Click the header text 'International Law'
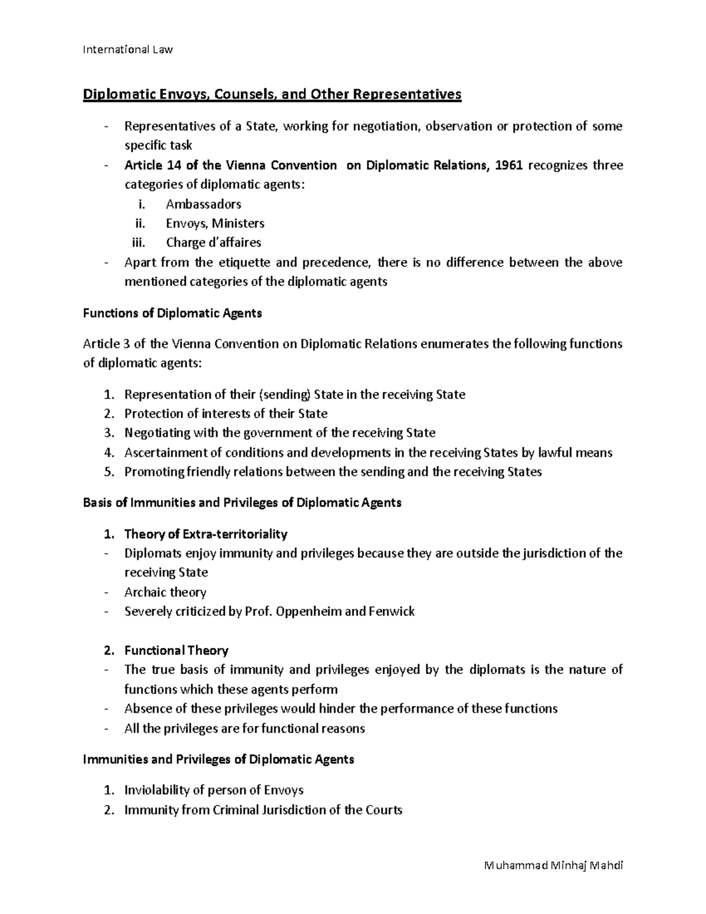click(128, 49)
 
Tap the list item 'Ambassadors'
click(204, 204)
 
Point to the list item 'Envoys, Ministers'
click(215, 224)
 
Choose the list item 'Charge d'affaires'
click(214, 242)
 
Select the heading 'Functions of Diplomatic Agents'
click(172, 313)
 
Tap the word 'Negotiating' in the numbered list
click(157, 433)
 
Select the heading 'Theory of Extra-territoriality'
click(206, 534)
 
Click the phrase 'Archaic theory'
click(165, 592)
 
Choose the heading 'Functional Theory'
click(176, 650)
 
